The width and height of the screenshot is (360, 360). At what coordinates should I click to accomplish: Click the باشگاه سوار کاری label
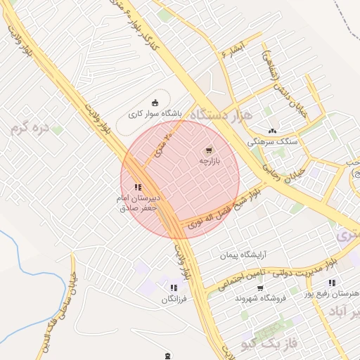point(155,112)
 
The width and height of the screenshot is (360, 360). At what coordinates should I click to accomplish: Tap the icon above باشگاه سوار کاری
point(156,102)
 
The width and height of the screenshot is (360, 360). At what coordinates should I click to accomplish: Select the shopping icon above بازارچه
point(208,150)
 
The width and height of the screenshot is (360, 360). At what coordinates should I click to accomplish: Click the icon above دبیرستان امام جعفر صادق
point(138,187)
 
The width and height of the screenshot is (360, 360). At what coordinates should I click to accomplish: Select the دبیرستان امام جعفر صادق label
point(139,203)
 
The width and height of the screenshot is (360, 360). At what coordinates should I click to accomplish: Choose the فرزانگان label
point(174,300)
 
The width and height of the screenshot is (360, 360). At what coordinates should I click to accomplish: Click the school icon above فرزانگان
point(174,288)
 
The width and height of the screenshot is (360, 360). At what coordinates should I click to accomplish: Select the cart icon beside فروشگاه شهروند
point(260,288)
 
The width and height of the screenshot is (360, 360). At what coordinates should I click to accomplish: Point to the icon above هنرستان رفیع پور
point(332,283)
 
